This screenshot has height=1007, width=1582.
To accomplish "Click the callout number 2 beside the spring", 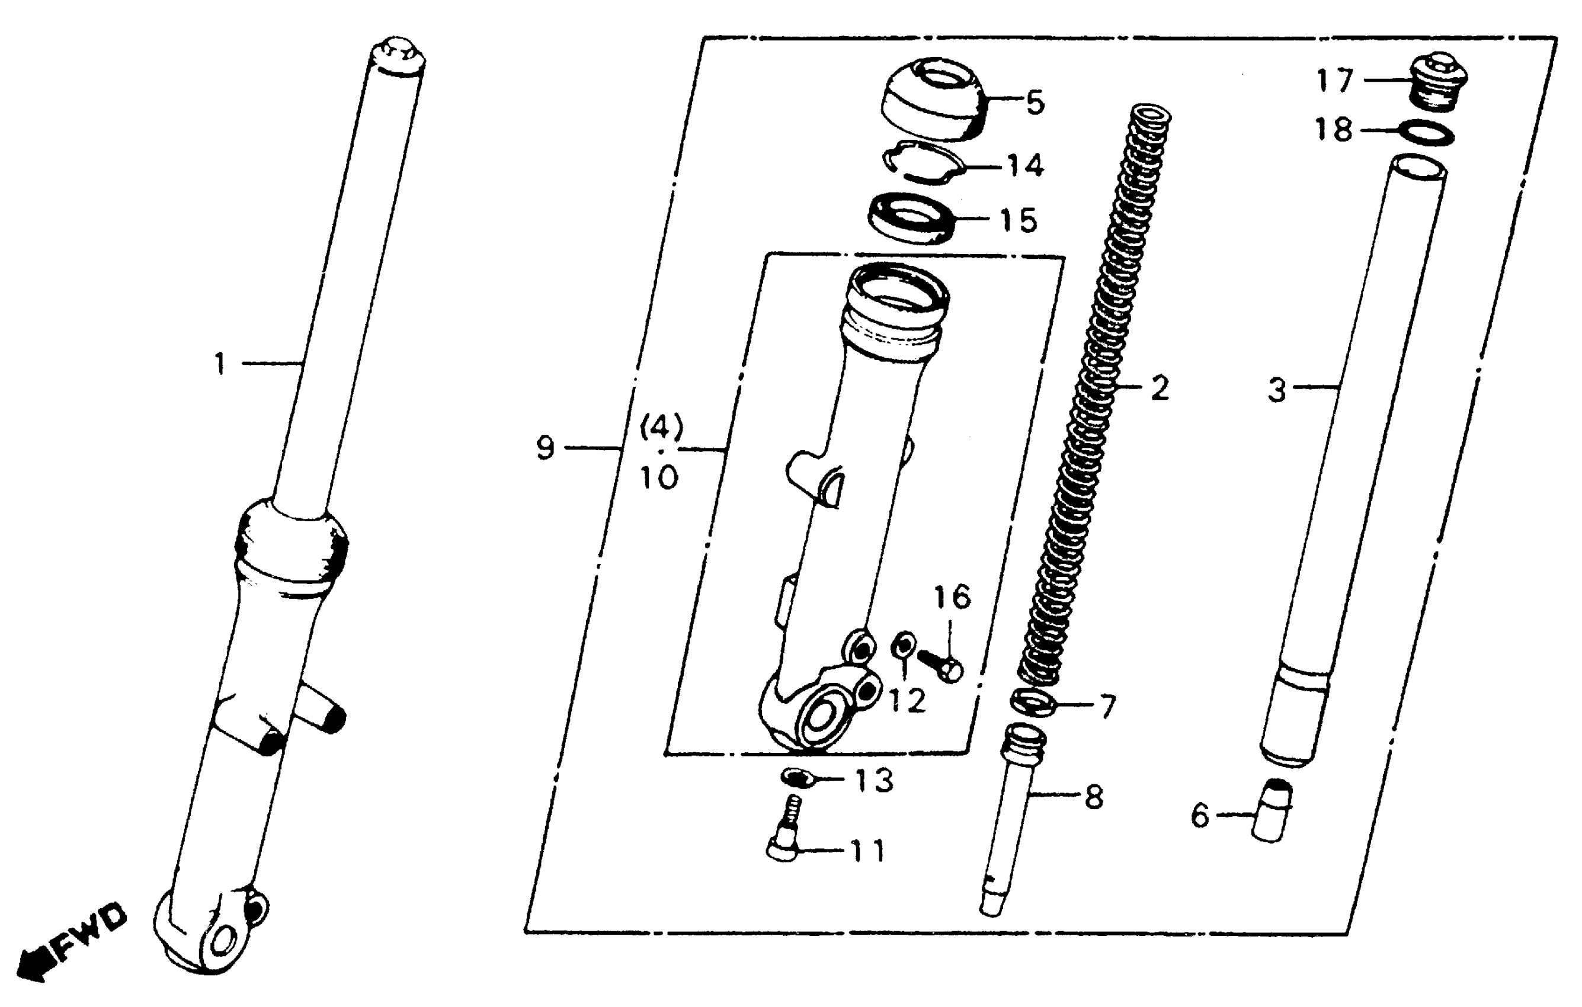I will coord(1160,388).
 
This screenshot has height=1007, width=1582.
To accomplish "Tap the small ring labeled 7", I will coord(1033,704).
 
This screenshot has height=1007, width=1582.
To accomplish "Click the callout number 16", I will coord(952,598).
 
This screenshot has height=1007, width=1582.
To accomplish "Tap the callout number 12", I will coord(907,701).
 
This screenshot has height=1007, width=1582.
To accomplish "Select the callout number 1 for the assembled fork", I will coord(220,364).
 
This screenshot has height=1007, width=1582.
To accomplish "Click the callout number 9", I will coord(545,448).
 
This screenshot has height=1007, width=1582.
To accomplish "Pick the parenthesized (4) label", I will coord(662,428).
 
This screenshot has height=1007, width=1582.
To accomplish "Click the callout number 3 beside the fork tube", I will coord(1276,391).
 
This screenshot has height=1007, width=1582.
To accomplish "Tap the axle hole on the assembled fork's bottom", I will coord(224,944).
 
